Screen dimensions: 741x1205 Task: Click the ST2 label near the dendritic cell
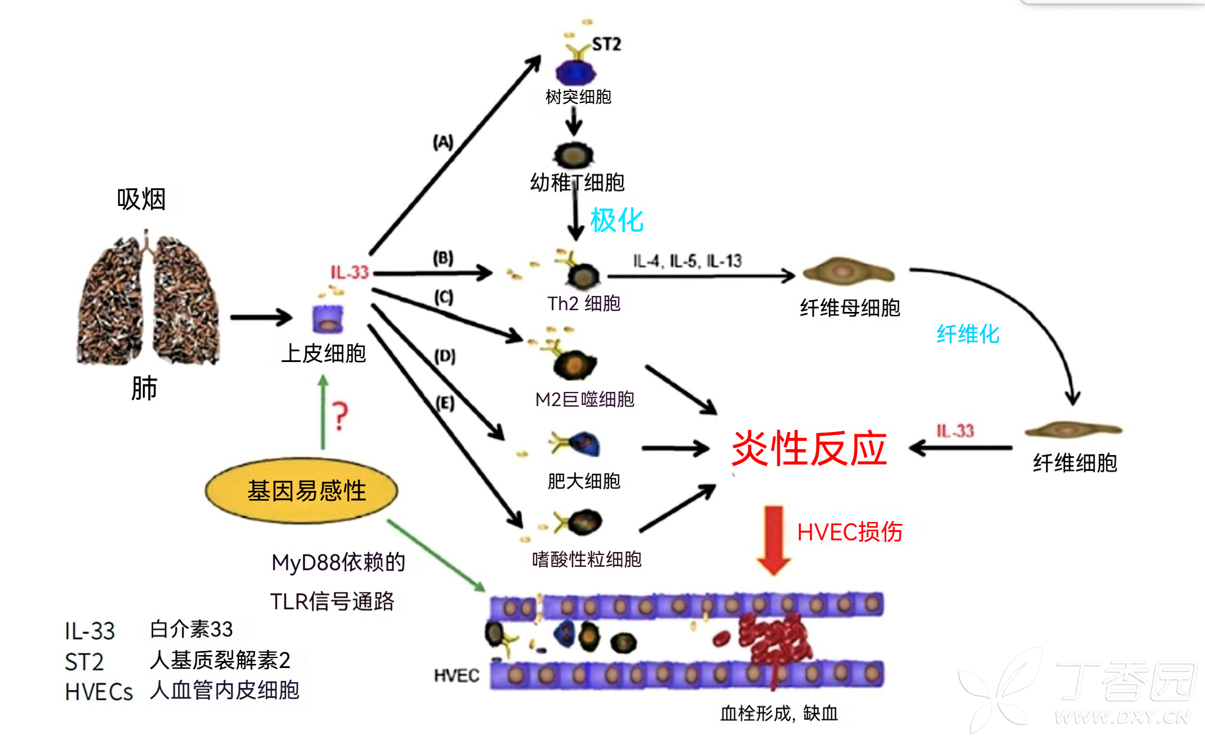pos(606,44)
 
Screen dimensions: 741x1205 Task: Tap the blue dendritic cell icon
pos(575,72)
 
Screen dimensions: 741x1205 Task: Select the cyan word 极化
pos(616,220)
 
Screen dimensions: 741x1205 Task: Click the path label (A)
pos(443,142)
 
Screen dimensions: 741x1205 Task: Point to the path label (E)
pos(445,403)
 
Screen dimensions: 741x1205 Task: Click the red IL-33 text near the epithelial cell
pos(349,272)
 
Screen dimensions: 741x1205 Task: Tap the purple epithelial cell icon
pos(328,320)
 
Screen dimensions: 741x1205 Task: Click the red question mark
pos(339,416)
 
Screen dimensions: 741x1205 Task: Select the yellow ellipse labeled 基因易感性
pos(301,490)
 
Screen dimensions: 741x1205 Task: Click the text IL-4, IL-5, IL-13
pos(687,261)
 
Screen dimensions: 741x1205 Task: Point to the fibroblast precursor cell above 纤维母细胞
pos(848,272)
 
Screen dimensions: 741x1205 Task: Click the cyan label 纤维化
pos(967,334)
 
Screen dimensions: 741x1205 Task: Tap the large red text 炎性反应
pos(808,448)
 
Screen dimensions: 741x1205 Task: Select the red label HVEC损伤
pos(849,531)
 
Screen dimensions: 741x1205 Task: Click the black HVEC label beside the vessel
pos(456,675)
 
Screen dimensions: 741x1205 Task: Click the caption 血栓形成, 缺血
pos(778,713)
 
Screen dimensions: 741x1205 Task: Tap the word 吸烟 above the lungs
pos(141,199)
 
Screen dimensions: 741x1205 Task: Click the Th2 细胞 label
pos(583,303)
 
